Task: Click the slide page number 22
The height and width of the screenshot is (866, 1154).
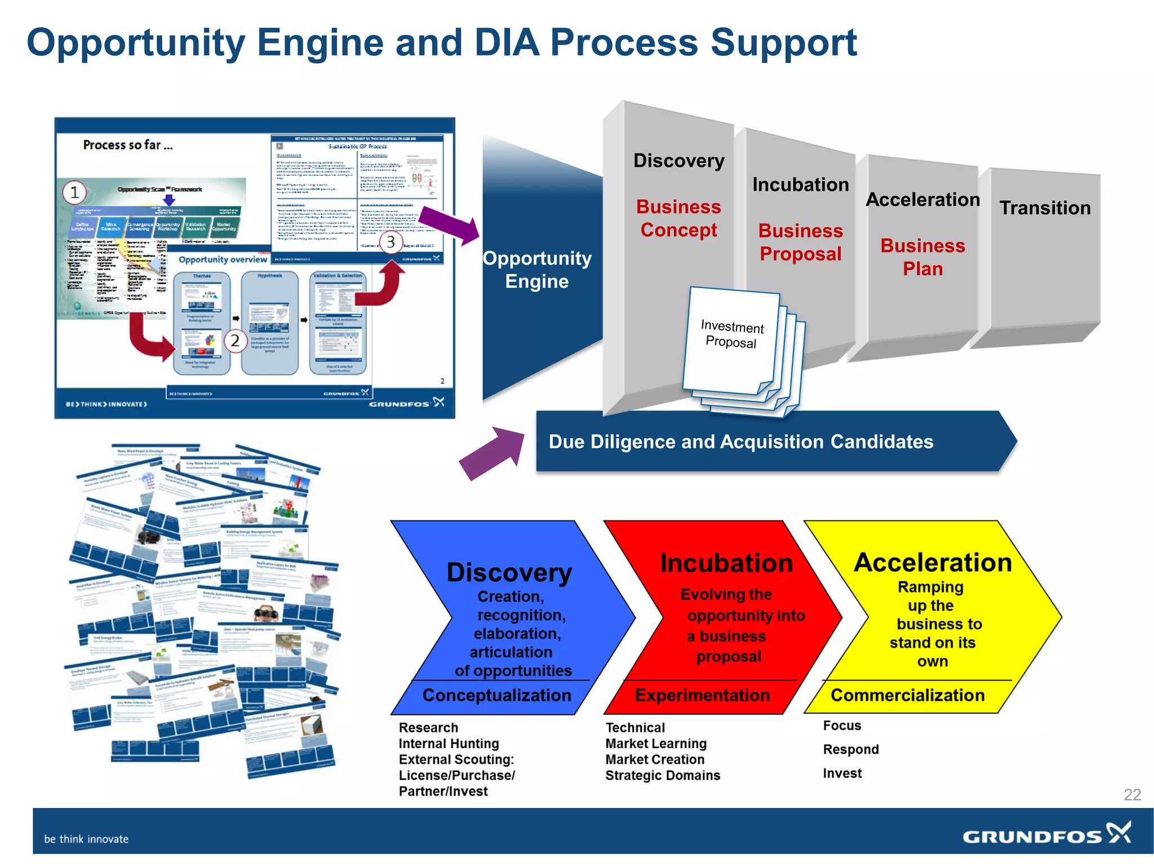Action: click(1131, 794)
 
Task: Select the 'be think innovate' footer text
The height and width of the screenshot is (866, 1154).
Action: click(86, 839)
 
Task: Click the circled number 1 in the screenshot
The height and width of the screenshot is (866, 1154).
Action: click(74, 193)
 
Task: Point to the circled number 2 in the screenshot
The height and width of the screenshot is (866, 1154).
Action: click(235, 341)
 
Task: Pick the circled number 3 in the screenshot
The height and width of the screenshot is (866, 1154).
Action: click(390, 242)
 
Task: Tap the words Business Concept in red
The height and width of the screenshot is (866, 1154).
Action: click(678, 218)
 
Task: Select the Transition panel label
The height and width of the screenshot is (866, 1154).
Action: click(1045, 208)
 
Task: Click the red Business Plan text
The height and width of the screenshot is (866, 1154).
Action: click(922, 257)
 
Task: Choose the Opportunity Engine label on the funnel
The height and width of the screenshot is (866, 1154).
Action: click(537, 269)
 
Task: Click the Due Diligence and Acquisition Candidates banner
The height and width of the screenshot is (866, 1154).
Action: click(740, 441)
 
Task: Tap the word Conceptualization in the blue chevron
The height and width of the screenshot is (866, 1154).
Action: click(496, 695)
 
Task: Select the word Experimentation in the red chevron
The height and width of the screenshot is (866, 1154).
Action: click(702, 695)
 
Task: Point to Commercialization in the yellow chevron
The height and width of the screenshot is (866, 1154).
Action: click(907, 695)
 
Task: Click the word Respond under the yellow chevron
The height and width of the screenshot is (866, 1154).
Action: click(850, 749)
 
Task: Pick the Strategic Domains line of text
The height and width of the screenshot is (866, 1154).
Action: click(662, 775)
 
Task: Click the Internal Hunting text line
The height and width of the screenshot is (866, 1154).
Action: click(449, 744)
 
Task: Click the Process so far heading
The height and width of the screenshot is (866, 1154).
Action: click(128, 145)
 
